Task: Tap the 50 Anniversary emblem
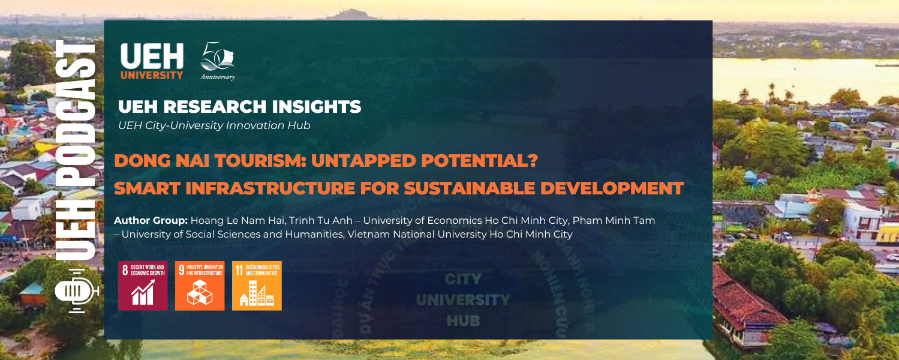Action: pos(217,61)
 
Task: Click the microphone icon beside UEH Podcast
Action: pos(74,292)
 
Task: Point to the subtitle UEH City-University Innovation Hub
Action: pos(214,125)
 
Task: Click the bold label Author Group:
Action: pos(151,221)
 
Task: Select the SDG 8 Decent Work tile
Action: pos(143,286)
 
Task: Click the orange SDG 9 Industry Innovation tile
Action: pos(200,286)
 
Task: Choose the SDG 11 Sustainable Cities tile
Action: pos(257,286)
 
